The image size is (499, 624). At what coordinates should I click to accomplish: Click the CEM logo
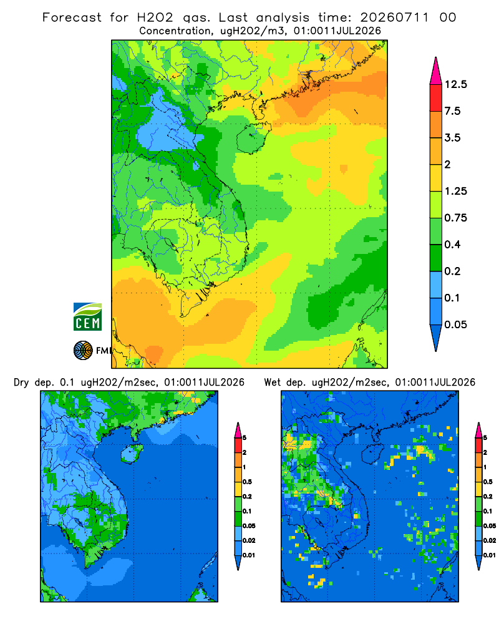87,316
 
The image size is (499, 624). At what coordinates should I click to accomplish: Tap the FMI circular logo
83,351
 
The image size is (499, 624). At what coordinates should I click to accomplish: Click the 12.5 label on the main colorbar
455,84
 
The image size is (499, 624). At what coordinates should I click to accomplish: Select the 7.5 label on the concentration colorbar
452,111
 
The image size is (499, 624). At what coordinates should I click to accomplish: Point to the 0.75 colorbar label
455,218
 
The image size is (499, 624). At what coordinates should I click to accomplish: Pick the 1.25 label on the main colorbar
455,191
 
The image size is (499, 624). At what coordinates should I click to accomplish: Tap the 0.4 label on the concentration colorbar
452,245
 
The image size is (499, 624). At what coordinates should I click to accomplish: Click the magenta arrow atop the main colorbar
436,72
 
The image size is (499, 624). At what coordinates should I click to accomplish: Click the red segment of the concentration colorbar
436,98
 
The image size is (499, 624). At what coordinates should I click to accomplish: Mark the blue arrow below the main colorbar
436,337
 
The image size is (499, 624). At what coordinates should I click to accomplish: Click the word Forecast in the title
72,17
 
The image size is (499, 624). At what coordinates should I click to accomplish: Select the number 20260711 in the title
394,17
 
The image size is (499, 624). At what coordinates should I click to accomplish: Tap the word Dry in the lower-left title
21,383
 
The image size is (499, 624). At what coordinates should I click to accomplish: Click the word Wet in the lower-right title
272,383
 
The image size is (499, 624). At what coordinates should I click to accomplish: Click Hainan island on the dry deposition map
132,454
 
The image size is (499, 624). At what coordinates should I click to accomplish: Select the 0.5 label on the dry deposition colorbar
247,482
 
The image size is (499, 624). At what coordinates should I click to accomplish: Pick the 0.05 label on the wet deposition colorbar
490,525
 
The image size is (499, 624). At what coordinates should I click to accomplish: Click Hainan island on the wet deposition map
372,454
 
